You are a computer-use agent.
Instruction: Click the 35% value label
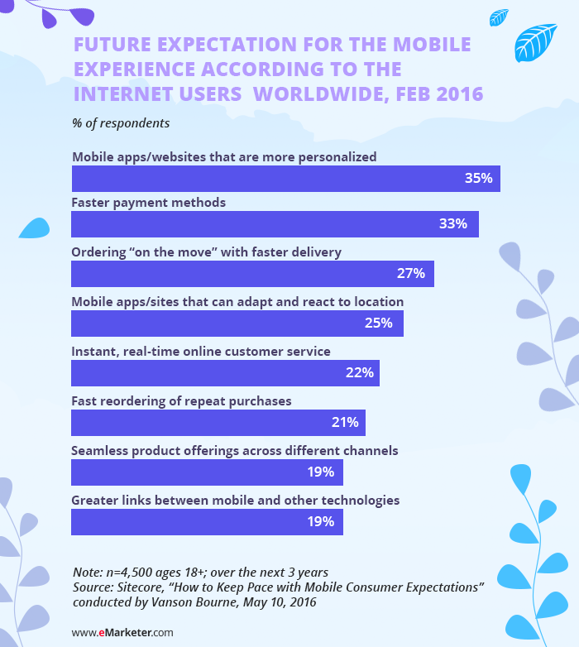point(479,178)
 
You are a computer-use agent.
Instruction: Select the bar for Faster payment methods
point(275,224)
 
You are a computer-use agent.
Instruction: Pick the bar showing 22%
point(225,373)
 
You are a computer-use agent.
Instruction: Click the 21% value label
point(345,423)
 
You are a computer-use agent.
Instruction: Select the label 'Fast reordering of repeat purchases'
point(181,401)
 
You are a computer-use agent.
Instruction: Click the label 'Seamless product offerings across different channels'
point(235,451)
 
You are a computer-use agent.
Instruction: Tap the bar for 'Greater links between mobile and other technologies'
point(207,522)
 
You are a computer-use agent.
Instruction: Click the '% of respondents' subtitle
point(121,123)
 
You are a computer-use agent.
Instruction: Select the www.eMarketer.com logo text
point(122,633)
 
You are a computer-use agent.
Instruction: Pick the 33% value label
point(453,224)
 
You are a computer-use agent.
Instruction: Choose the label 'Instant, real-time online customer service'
point(201,352)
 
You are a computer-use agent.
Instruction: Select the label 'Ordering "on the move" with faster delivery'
point(206,252)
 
